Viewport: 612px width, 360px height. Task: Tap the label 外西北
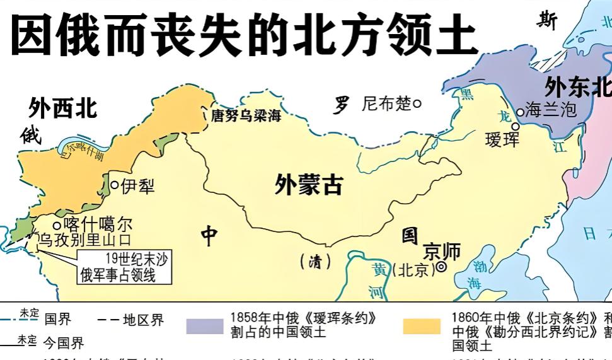click(x=63, y=108)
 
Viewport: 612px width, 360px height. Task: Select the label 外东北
click(x=577, y=86)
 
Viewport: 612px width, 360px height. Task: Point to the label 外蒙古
click(x=309, y=184)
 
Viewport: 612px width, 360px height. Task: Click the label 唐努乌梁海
click(x=246, y=116)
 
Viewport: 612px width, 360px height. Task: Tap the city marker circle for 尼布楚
click(x=417, y=103)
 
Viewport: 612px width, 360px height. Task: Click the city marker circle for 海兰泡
click(x=520, y=112)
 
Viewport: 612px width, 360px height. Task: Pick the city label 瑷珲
click(x=502, y=139)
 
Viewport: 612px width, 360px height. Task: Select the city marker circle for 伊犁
click(x=115, y=185)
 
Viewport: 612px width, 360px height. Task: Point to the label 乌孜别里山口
click(x=86, y=240)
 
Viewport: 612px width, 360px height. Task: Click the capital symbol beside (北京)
click(x=441, y=267)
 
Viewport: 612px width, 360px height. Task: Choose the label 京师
click(x=441, y=251)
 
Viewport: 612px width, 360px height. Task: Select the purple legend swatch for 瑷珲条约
click(x=205, y=325)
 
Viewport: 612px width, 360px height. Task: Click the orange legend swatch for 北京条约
click(x=422, y=325)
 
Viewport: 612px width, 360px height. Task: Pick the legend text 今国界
click(x=63, y=343)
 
